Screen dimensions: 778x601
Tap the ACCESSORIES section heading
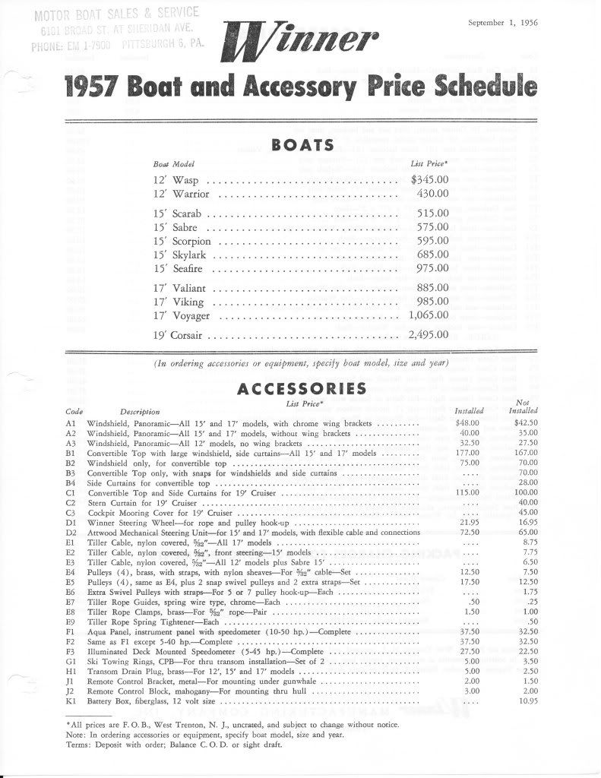point(302,389)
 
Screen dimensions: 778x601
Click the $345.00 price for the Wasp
point(429,180)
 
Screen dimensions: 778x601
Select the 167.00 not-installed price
point(525,453)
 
